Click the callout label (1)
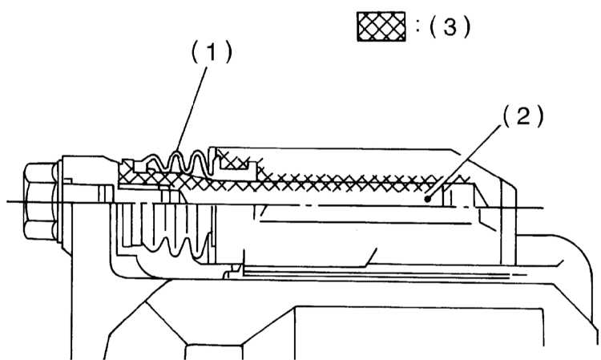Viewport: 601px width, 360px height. pyautogui.click(x=212, y=52)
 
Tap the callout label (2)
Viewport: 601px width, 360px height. pyautogui.click(x=523, y=116)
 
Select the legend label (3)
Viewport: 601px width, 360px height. pyautogui.click(x=450, y=26)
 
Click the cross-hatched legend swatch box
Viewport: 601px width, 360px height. pyautogui.click(x=381, y=26)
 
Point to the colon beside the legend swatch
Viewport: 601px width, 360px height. pyautogui.click(x=418, y=26)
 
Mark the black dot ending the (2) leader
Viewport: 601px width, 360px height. pyautogui.click(x=428, y=199)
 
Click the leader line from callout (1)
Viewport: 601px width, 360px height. pyautogui.click(x=192, y=110)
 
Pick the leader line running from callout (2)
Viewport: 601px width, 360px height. pyautogui.click(x=465, y=162)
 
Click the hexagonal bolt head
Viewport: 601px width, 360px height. pyautogui.click(x=39, y=201)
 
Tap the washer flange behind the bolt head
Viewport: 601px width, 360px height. pyautogui.click(x=60, y=202)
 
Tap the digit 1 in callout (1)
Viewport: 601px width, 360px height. pyautogui.click(x=212, y=52)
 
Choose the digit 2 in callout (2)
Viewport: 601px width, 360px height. pyautogui.click(x=523, y=116)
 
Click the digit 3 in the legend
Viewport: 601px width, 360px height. pyautogui.click(x=450, y=26)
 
